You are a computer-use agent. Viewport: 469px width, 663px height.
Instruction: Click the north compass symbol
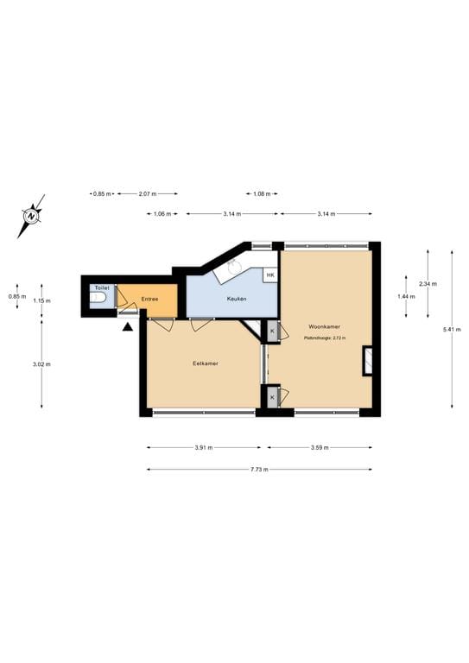[31, 215]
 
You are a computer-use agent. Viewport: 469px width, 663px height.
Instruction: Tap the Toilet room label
[101, 287]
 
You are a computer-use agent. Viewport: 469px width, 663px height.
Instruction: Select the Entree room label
[149, 299]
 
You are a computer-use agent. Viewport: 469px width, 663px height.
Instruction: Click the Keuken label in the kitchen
[237, 299]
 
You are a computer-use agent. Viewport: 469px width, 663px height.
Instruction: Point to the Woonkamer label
[324, 327]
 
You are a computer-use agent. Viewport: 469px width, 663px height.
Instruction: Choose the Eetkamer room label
[205, 363]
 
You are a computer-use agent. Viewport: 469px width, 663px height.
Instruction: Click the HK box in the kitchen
[270, 275]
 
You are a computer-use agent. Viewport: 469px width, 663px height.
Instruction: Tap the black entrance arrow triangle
[128, 326]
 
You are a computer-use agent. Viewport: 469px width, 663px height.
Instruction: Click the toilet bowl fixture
[98, 299]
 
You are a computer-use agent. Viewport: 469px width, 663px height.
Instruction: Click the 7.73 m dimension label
[259, 469]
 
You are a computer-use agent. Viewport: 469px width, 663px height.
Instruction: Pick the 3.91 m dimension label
[204, 447]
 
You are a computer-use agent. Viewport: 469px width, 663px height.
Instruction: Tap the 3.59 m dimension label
[320, 447]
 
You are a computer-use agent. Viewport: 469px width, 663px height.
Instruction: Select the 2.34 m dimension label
[428, 284]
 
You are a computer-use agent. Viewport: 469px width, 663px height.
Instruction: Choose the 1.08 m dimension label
[262, 193]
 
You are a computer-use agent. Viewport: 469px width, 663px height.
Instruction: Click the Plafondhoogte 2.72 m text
[324, 338]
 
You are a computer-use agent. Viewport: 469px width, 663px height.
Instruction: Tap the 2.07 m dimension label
[147, 193]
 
